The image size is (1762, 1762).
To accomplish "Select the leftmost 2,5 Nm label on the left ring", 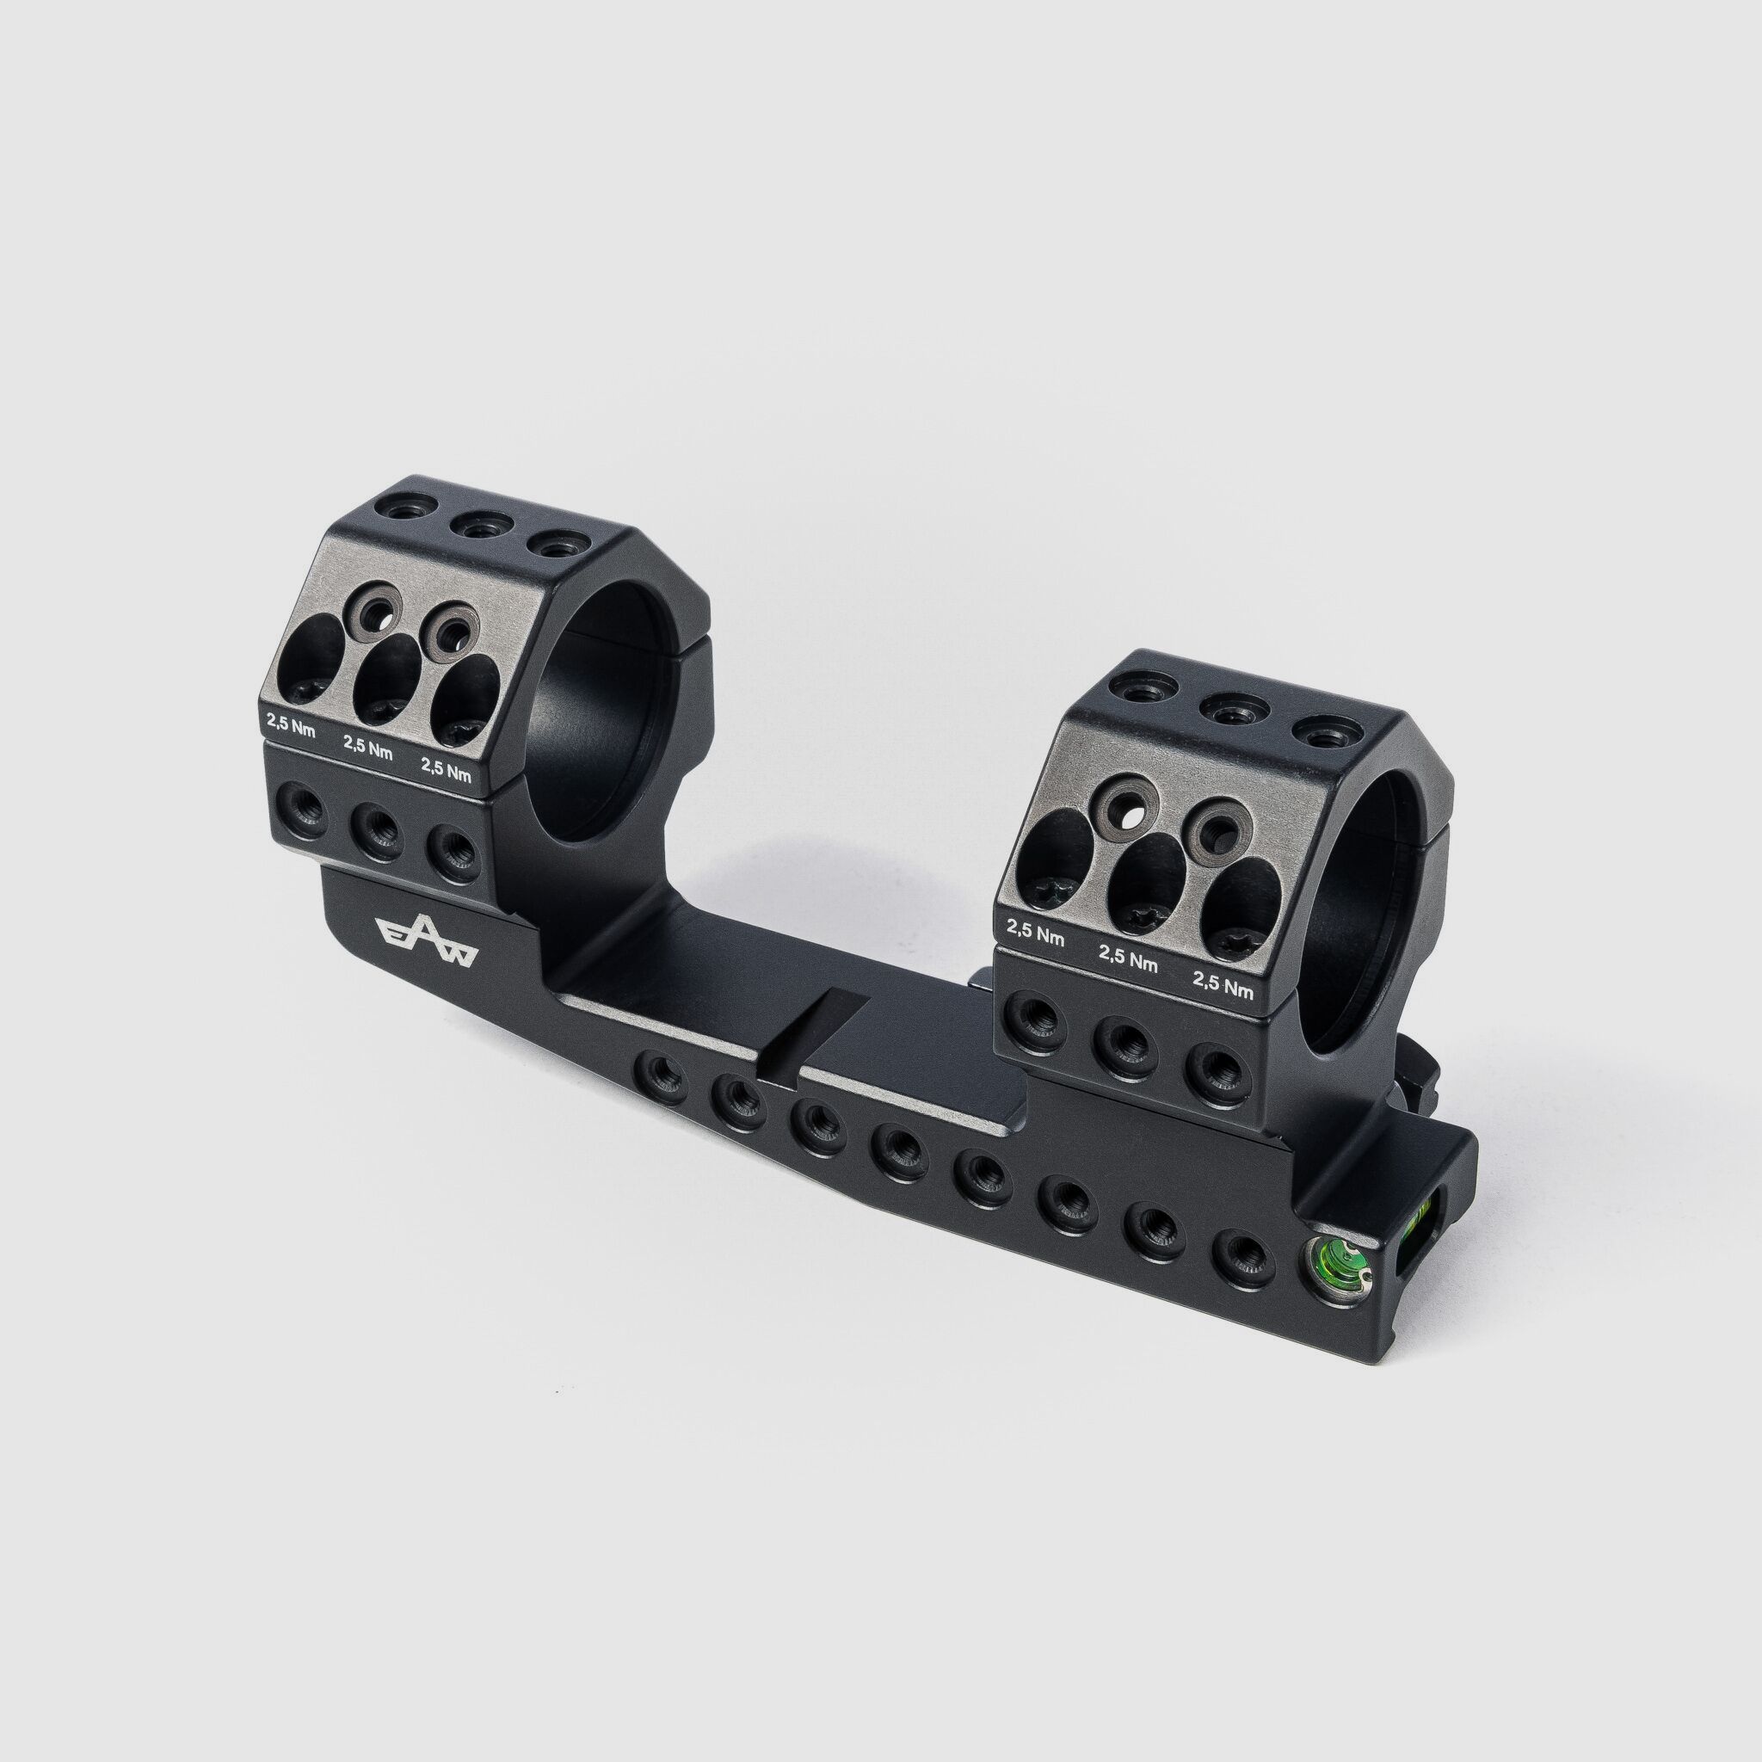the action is tap(290, 718).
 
